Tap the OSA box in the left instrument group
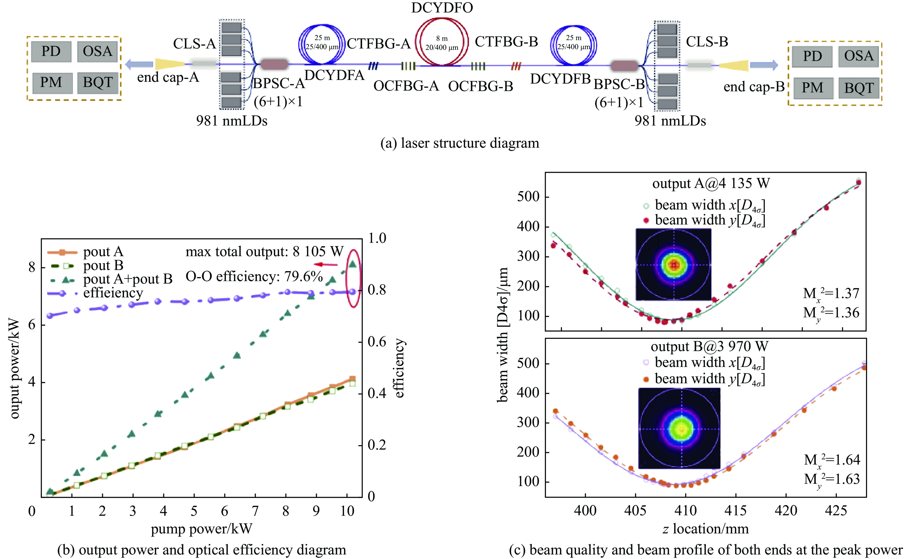[x=97, y=51]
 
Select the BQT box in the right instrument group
[x=859, y=88]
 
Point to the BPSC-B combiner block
[x=624, y=66]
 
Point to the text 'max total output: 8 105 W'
[x=264, y=252]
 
